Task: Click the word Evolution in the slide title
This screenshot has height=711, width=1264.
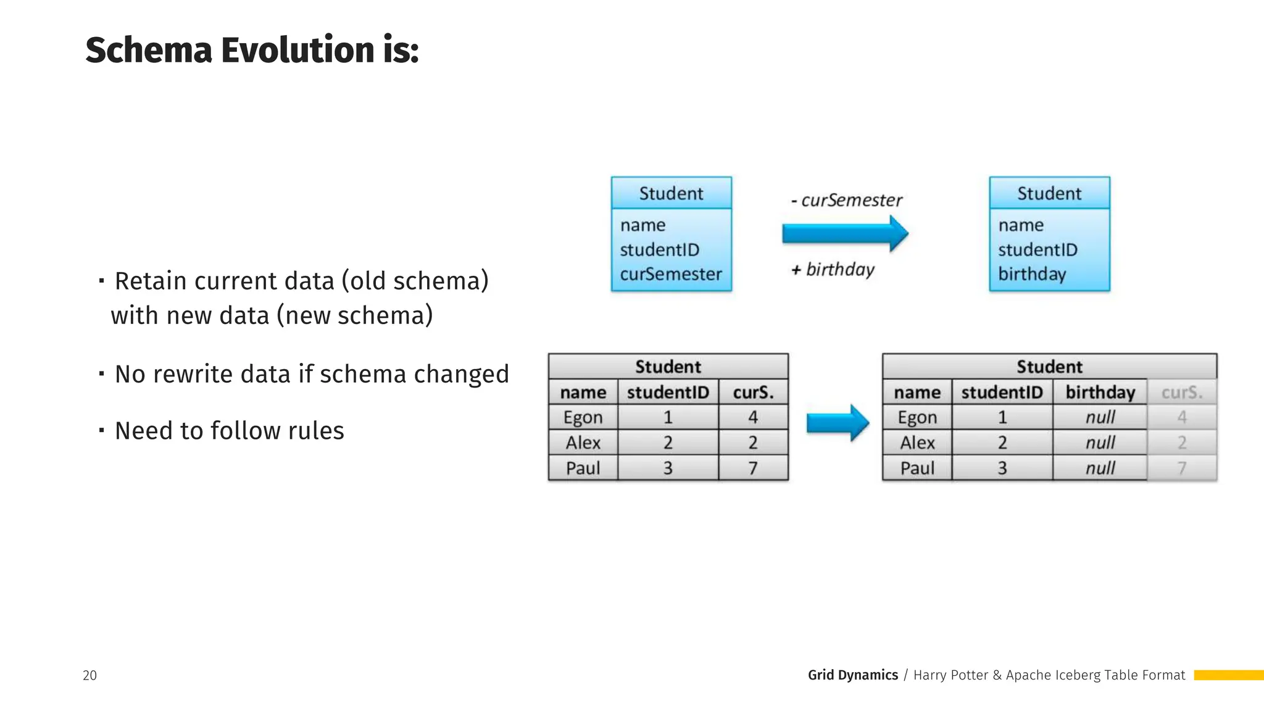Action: coord(297,51)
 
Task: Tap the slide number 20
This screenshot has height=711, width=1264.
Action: coord(89,675)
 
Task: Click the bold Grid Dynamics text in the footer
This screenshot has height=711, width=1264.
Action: coord(852,675)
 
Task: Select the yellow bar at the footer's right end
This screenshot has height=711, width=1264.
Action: coord(1228,675)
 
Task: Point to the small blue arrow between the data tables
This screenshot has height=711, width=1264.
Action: coord(838,423)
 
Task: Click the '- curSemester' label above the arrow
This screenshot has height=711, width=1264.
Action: coord(846,200)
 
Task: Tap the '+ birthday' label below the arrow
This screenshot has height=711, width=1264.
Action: coord(833,270)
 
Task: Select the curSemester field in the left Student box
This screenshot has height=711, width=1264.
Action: coord(670,274)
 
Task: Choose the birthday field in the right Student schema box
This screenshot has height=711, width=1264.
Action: coord(1032,274)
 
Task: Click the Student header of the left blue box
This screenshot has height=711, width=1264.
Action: coord(671,194)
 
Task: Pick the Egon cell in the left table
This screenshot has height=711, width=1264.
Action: coord(583,418)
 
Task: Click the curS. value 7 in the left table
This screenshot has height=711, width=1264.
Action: coord(753,468)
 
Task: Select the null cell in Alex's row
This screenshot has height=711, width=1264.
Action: coord(1100,443)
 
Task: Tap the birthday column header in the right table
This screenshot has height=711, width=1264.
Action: coord(1100,393)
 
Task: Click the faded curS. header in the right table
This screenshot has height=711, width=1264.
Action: coord(1181,393)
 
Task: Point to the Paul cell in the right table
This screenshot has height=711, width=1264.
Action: coord(917,468)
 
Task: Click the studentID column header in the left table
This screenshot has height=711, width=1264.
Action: coord(668,393)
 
